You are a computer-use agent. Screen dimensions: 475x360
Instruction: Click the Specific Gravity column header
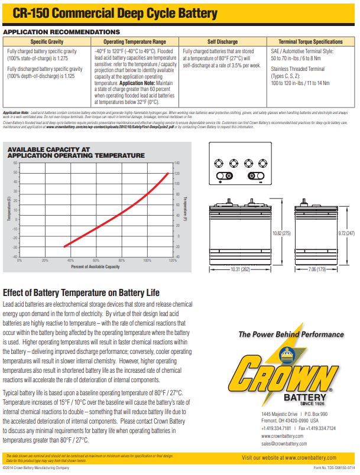[x=47, y=42]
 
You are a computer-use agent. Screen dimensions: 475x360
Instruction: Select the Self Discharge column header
[x=223, y=42]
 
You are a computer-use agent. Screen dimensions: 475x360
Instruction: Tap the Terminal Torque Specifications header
[x=310, y=42]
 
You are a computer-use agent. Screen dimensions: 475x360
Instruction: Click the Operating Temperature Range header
[x=135, y=42]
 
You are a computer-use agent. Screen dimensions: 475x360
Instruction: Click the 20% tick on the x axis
[x=45, y=260]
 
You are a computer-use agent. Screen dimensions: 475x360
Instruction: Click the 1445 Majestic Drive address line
[x=294, y=414]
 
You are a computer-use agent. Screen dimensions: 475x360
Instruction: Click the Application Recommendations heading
[x=61, y=32]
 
